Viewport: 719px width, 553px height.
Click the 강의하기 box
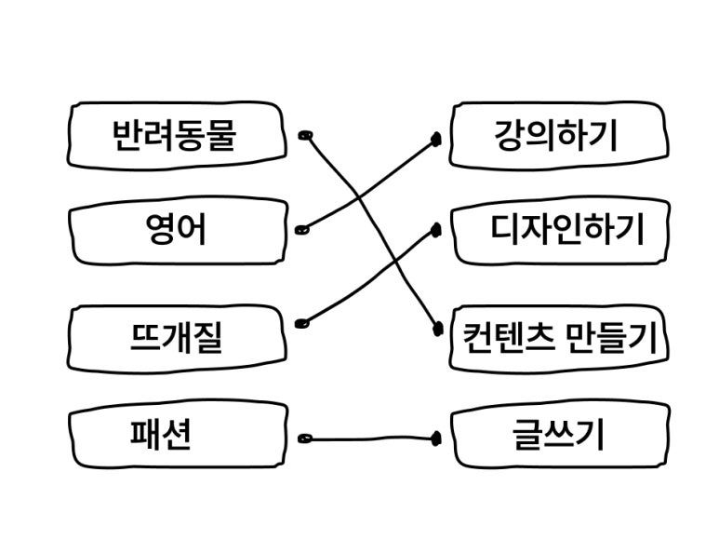[x=557, y=136]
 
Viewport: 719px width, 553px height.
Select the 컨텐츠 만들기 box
[x=559, y=336]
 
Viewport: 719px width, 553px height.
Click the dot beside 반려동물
[x=304, y=136]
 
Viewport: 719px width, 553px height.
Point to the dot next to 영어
[x=300, y=229]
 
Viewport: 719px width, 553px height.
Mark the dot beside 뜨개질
[x=300, y=324]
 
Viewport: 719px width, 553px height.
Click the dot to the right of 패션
[x=302, y=437]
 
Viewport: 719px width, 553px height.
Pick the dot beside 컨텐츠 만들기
[x=435, y=328]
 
